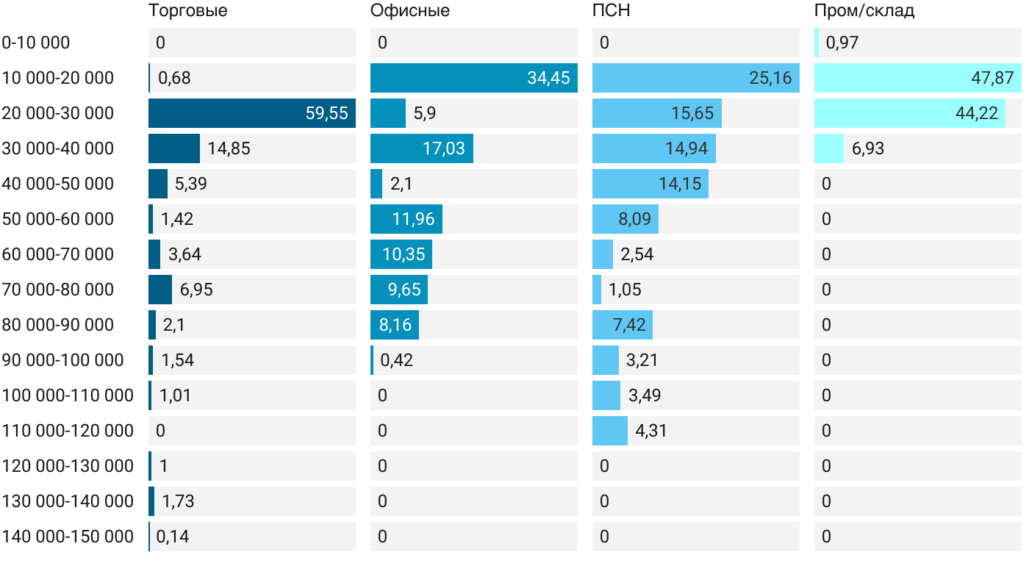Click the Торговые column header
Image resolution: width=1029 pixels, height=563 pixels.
coord(187,11)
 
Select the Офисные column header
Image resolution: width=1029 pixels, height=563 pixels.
coord(410,11)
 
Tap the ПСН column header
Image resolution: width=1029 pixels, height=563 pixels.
coord(612,11)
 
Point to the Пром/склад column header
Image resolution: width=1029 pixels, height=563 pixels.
coord(864,11)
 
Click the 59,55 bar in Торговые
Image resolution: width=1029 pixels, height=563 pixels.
coord(252,113)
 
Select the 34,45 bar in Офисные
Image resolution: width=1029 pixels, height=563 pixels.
coord(474,78)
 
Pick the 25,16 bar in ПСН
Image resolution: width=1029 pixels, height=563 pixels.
coord(695,78)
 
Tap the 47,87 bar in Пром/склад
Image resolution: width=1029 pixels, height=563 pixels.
coord(917,78)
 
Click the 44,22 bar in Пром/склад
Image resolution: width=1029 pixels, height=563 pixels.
coord(910,113)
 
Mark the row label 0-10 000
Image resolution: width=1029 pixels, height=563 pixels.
coord(36,43)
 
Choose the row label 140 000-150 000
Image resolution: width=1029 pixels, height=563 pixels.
coord(68,537)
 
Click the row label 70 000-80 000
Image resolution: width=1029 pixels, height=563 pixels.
coord(58,290)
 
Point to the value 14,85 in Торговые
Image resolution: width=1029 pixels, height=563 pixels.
coord(229,148)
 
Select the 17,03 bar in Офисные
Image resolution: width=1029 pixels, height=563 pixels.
coord(422,148)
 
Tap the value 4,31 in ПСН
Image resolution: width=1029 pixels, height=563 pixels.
coord(651,431)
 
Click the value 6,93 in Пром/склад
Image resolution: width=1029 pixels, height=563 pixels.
coord(868,148)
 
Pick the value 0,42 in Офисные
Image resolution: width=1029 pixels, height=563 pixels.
coord(397,360)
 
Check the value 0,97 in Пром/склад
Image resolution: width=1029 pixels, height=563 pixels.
coord(842,43)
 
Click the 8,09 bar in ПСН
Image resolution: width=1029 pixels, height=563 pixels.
coord(625,219)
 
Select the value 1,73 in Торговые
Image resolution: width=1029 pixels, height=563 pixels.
coord(178,501)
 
